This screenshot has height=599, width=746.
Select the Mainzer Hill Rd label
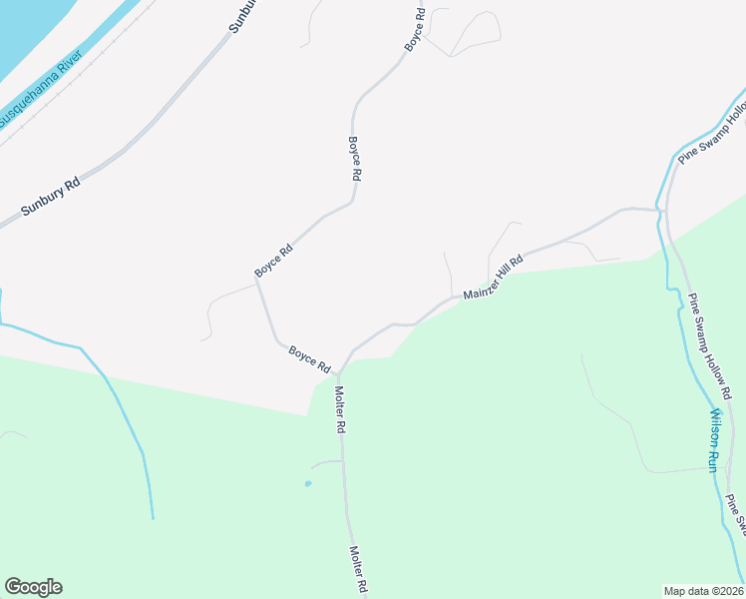pos(494,277)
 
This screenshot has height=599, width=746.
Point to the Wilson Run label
pos(713,439)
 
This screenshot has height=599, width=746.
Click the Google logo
pos(33,587)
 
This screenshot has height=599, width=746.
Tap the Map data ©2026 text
pos(703,590)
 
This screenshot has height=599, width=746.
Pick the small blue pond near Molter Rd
pos(307,484)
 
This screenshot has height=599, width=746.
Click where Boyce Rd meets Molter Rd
pos(339,374)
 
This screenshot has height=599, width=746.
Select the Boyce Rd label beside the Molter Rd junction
pos(309,358)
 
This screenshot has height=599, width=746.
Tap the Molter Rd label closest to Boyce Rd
pos(340,409)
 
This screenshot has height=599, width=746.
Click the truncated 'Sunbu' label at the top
pos(243,16)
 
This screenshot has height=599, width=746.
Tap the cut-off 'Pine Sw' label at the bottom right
pos(736,513)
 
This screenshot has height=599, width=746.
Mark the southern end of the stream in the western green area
pos(153,518)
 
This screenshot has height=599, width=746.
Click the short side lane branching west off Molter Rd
pos(325,463)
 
